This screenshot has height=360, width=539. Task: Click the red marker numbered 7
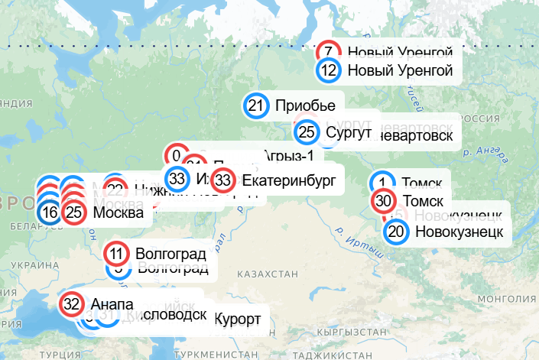pyautogui.click(x=329, y=52)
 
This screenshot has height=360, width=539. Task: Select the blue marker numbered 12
pyautogui.click(x=329, y=71)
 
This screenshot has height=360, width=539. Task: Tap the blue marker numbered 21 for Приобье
pyautogui.click(x=256, y=106)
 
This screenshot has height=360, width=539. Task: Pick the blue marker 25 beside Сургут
pyautogui.click(x=307, y=132)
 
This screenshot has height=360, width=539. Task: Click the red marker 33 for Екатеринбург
pyautogui.click(x=223, y=181)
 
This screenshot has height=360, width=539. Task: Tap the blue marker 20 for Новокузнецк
pyautogui.click(x=396, y=231)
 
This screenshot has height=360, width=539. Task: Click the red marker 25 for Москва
pyautogui.click(x=74, y=212)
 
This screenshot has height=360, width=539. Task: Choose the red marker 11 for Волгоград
pyautogui.click(x=116, y=253)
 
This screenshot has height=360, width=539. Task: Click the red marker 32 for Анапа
pyautogui.click(x=72, y=303)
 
